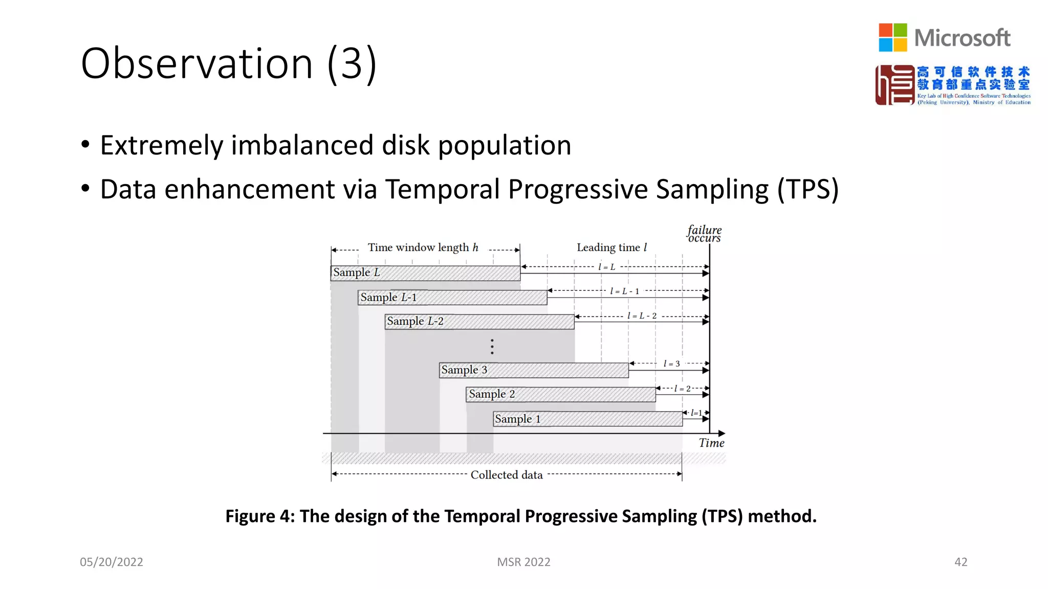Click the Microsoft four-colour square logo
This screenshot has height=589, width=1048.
point(892,37)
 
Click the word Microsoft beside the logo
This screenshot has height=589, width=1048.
point(962,38)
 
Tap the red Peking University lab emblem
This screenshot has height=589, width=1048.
point(894,85)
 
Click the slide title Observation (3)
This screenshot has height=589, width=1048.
point(229,63)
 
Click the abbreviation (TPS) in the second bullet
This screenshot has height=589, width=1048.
point(807,189)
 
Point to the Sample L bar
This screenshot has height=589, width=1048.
point(425,273)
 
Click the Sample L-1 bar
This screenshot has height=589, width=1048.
point(452,298)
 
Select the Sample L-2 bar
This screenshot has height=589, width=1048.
point(479,322)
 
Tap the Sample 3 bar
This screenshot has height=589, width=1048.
point(534,370)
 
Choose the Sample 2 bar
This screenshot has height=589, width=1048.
point(560,394)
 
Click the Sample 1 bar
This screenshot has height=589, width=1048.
point(587,419)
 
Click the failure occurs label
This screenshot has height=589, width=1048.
point(704,234)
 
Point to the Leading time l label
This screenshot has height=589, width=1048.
point(612,247)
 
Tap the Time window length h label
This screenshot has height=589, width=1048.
point(423,247)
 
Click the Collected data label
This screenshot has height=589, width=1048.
point(506,475)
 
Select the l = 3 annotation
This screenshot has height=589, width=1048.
point(671,364)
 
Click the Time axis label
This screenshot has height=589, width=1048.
point(711,443)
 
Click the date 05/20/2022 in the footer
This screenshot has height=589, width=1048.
point(112,562)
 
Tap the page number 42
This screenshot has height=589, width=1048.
point(960,562)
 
